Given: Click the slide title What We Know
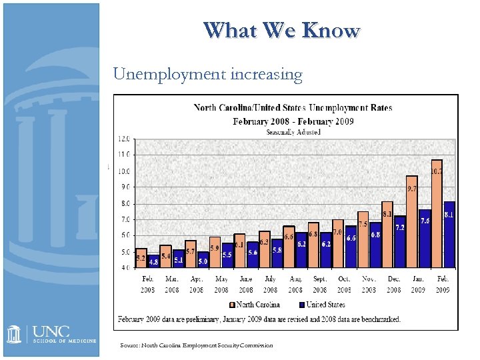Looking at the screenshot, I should click(x=282, y=31).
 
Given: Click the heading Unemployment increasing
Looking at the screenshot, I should click(x=208, y=73).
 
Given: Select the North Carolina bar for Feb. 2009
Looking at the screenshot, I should click(x=437, y=213).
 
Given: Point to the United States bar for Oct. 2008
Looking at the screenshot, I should click(x=351, y=247).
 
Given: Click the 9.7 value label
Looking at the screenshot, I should click(x=411, y=189).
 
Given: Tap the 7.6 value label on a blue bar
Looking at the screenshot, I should click(x=425, y=221).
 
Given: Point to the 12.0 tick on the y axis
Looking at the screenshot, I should click(x=124, y=139).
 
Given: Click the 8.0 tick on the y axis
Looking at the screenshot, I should click(x=124, y=203).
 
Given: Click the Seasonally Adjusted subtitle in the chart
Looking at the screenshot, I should click(x=293, y=131).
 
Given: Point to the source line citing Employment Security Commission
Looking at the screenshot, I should click(x=197, y=345).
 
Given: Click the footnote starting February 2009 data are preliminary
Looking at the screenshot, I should click(x=259, y=319).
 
